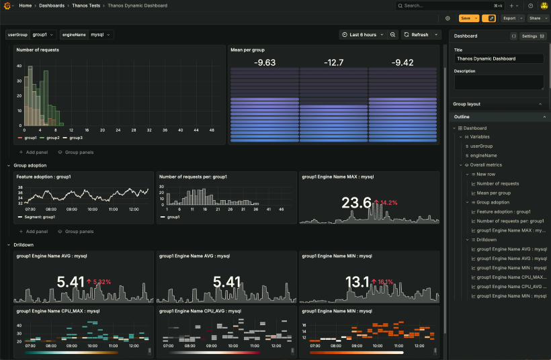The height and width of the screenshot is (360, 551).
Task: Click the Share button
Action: coord(536,18)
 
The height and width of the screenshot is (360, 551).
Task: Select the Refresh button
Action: coord(417,34)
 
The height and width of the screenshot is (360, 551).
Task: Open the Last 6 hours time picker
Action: coord(362,34)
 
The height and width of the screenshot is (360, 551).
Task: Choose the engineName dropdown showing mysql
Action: coord(101,34)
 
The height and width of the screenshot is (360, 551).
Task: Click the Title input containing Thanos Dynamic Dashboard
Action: coord(499,58)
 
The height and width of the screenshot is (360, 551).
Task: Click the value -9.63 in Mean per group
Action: coord(265,62)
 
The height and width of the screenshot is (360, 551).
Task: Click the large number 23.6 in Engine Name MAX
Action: coord(356,203)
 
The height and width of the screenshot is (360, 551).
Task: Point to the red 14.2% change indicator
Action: coord(388,202)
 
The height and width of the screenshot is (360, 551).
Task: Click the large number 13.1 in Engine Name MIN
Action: coord(356,281)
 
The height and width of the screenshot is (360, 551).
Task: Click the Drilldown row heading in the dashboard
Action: coord(24,244)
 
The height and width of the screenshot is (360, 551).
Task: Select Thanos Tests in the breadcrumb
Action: coord(86,5)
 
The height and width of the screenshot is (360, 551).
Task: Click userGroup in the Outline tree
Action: coord(481,146)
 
